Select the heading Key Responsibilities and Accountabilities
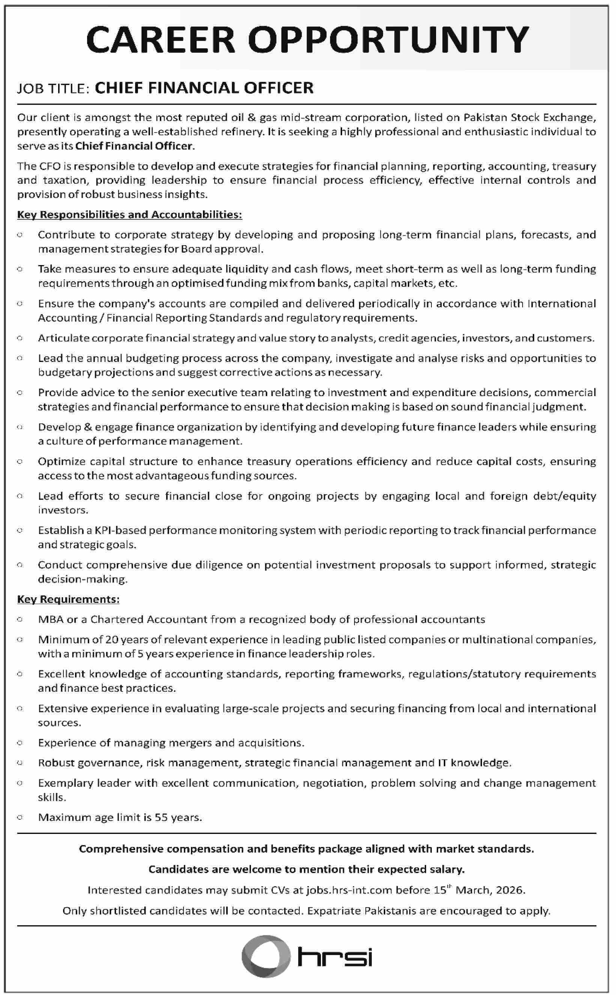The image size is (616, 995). [x=129, y=214]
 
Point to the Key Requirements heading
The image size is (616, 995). [x=68, y=599]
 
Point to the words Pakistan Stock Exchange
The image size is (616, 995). [x=530, y=118]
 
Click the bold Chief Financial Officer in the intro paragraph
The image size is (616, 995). [x=134, y=146]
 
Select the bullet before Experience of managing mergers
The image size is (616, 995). [x=20, y=743]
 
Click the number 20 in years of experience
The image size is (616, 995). [x=112, y=639]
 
